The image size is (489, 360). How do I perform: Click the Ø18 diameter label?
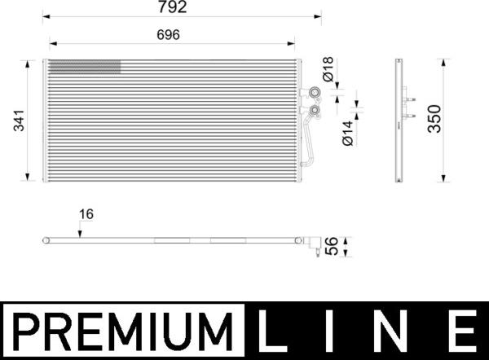(328, 68)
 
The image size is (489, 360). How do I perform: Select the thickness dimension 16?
(86, 214)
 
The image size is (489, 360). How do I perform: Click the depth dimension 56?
(332, 246)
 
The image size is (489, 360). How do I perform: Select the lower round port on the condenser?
(313, 108)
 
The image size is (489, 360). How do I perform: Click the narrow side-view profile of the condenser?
(399, 121)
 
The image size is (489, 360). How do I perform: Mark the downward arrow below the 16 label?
(80, 232)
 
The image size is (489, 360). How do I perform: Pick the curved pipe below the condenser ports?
(307, 143)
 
